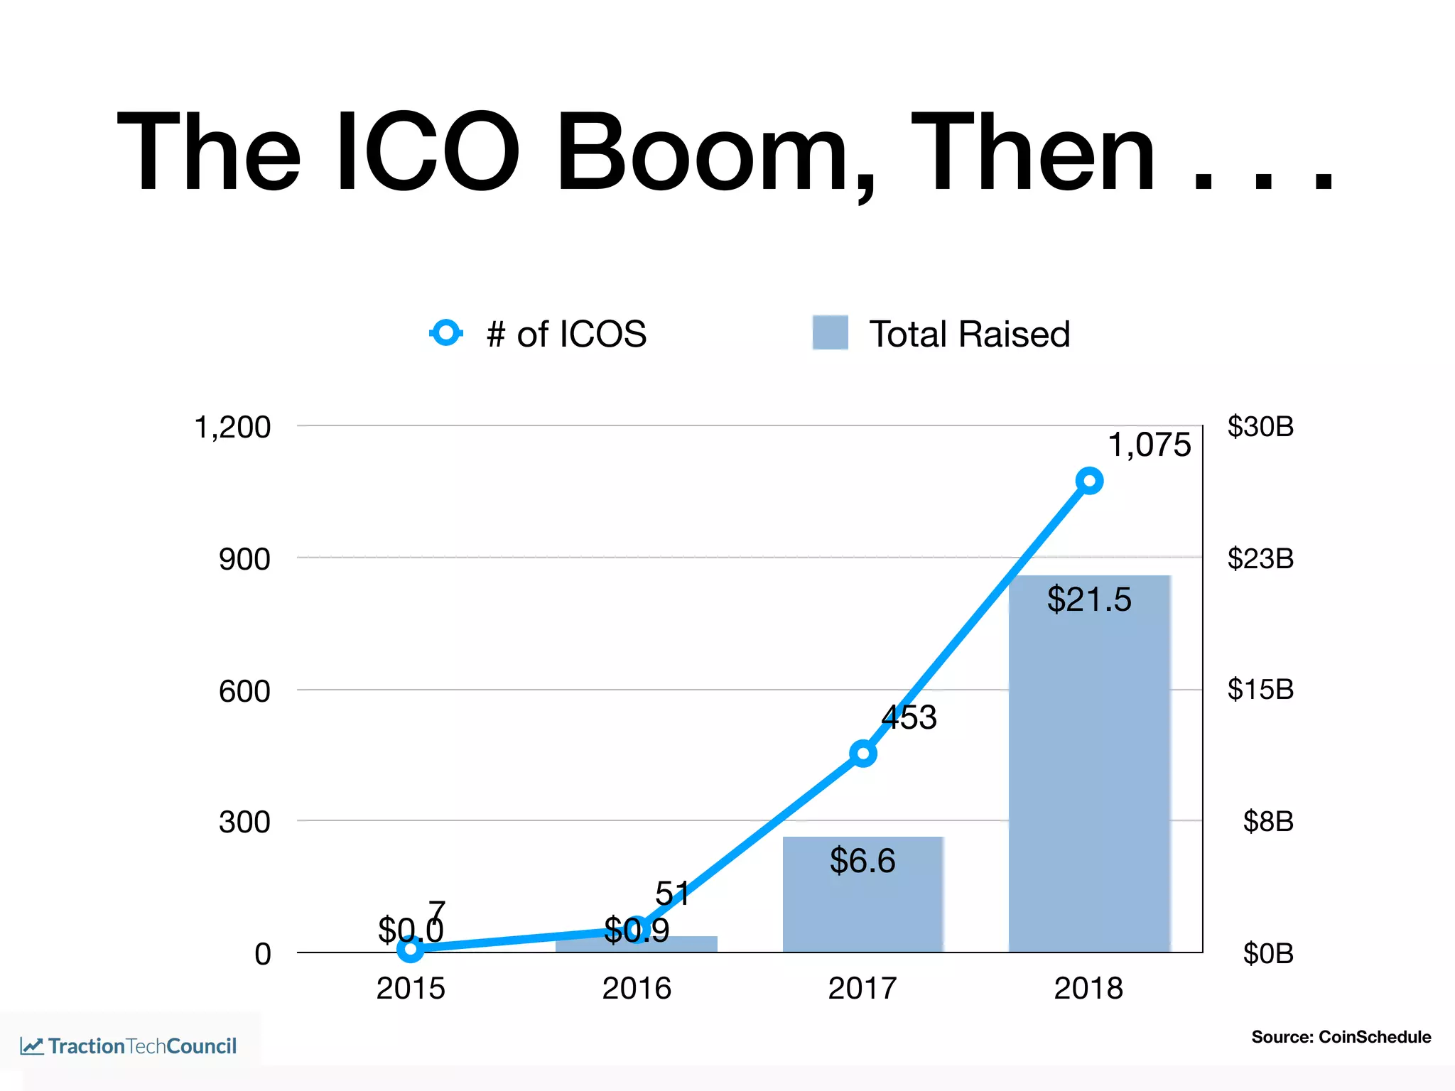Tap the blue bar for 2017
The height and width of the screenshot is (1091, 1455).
862,909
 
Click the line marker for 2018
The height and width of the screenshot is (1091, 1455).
1089,482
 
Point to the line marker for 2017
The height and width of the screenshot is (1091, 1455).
862,753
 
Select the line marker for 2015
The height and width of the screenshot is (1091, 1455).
411,948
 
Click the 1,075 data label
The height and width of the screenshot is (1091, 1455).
1149,445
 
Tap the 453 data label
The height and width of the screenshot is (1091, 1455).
909,717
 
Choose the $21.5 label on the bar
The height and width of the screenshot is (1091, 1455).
1088,599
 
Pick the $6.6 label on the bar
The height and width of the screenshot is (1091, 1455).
862,861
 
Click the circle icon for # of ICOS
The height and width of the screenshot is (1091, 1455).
447,332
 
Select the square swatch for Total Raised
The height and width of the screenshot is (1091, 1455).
830,332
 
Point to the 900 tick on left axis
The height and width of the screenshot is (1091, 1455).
244,560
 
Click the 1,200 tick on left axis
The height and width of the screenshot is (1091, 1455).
232,428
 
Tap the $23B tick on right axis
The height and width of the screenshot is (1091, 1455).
1260,559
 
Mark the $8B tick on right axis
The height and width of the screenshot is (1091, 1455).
1267,822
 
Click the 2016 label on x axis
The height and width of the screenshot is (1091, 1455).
637,988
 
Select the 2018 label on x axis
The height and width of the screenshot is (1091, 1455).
1088,988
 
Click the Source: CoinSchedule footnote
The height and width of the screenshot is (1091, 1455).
1341,1037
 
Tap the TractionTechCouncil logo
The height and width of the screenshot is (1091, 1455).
129,1046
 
